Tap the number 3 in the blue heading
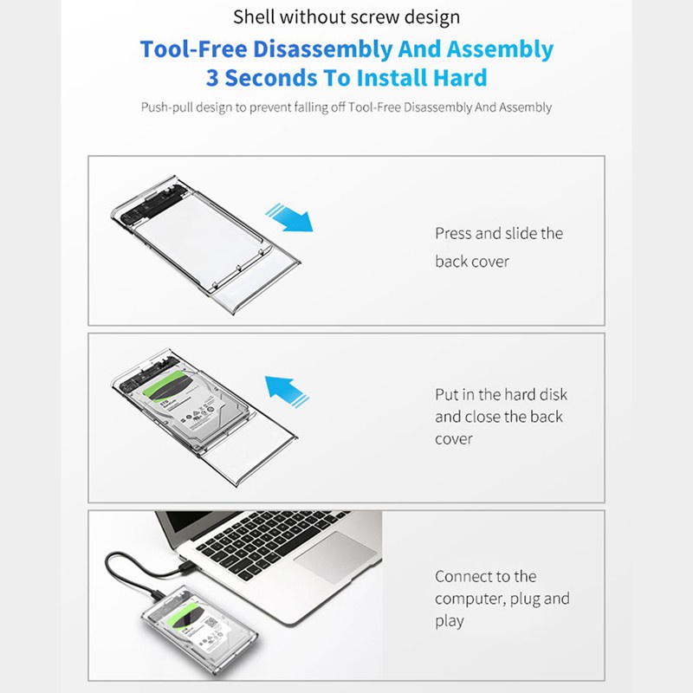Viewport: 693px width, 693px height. click(214, 77)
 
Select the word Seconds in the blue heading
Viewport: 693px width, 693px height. click(277, 77)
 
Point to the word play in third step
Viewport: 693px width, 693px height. click(450, 621)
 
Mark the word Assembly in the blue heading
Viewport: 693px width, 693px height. click(494, 49)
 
